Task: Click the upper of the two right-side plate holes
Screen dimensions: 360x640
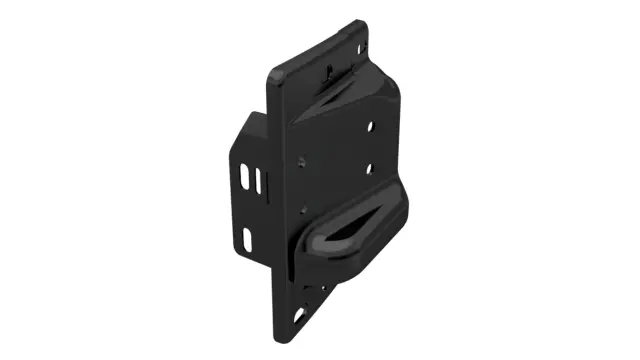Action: click(373, 128)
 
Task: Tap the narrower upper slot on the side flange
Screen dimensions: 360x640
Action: click(260, 182)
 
